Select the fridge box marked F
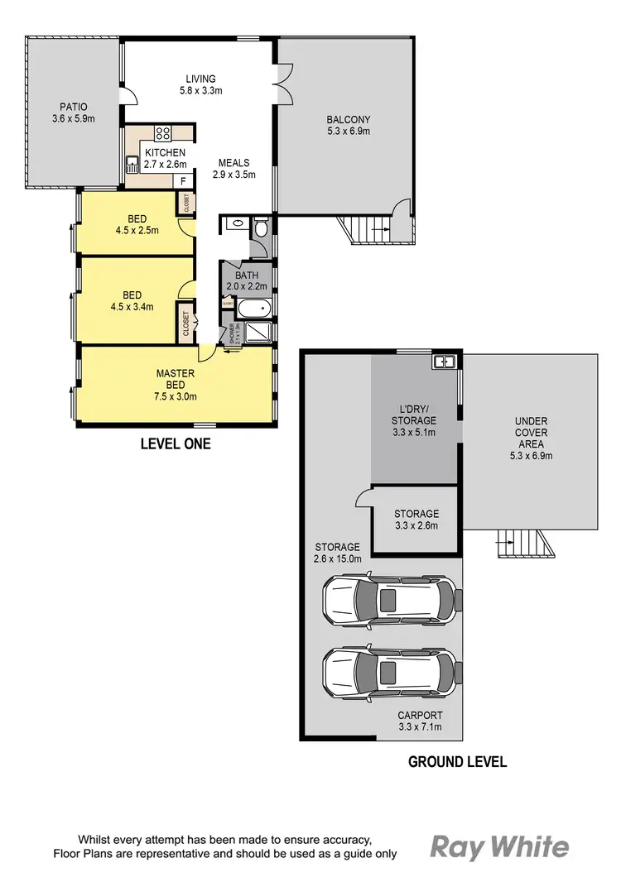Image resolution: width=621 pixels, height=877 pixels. coord(184,180)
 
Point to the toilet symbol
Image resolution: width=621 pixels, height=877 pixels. coord(261,227)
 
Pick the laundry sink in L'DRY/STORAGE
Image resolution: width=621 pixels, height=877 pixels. coord(444,361)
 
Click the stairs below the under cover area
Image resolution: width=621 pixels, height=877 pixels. coord(522,544)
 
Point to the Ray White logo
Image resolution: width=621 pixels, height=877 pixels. coord(499,846)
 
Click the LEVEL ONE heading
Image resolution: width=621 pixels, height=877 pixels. coord(176,444)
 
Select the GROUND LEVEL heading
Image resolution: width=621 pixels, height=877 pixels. coord(457,761)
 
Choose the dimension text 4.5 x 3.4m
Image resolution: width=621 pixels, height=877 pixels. coord(132,307)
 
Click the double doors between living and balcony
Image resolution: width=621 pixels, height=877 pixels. coord(283,84)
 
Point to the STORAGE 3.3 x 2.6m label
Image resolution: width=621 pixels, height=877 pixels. coord(416,520)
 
